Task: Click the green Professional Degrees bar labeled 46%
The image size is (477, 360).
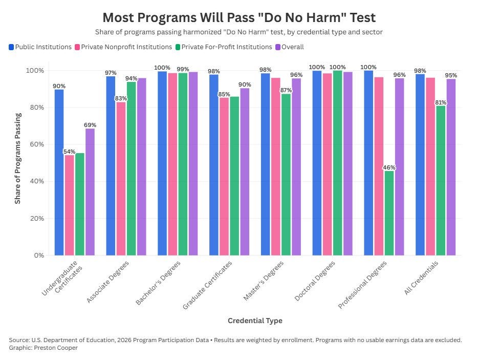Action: [389, 213]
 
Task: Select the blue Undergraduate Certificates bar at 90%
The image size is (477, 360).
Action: [59, 172]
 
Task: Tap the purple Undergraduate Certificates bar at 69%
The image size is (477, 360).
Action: [90, 192]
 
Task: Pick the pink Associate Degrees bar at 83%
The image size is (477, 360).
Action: [121, 179]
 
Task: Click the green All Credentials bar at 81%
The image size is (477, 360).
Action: [441, 180]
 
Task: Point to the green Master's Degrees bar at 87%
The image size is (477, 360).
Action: [286, 175]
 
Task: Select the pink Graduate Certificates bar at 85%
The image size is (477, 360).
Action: [224, 177]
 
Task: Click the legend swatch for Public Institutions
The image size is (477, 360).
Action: [11, 47]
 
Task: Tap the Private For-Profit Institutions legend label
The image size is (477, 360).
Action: [227, 47]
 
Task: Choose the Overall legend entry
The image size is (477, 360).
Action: [290, 47]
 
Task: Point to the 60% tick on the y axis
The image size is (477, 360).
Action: [37, 144]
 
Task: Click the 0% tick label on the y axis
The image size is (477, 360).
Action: [39, 256]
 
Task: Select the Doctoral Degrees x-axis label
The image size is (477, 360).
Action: [315, 281]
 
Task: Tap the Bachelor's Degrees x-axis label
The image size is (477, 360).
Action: [158, 283]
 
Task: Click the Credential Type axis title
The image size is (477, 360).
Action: [255, 321]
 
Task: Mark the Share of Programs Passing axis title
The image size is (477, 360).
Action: [17, 158]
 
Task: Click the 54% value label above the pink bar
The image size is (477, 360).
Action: [70, 152]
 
